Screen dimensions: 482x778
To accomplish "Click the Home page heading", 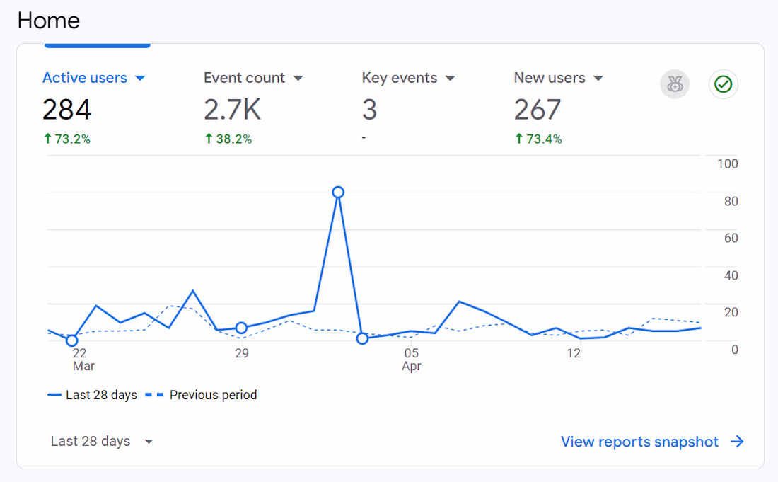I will pos(48,21).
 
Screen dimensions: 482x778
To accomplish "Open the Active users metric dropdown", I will pos(140,78).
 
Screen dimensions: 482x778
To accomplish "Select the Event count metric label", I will pos(244,78).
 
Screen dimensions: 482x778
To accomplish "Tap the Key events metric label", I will pos(400,78).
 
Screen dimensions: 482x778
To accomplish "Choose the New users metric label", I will pos(550,78).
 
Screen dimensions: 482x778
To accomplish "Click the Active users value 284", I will pos(66,110).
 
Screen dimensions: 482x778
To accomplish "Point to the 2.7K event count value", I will pos(232,110).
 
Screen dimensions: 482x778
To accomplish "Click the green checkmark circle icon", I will pos(723,85).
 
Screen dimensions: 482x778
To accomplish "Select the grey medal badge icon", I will pos(674,85).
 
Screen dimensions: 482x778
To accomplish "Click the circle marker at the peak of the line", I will pos(338,193).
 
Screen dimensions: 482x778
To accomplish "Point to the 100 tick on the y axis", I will pos(727,164).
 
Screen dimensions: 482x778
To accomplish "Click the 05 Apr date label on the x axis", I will pos(412,359).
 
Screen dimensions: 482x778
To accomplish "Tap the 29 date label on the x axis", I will pos(242,353).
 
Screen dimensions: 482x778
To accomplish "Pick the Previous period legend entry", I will pos(202,395).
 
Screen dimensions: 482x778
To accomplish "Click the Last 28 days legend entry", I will pos(93,395).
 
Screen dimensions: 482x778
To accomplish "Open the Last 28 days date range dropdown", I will pos(102,442).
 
